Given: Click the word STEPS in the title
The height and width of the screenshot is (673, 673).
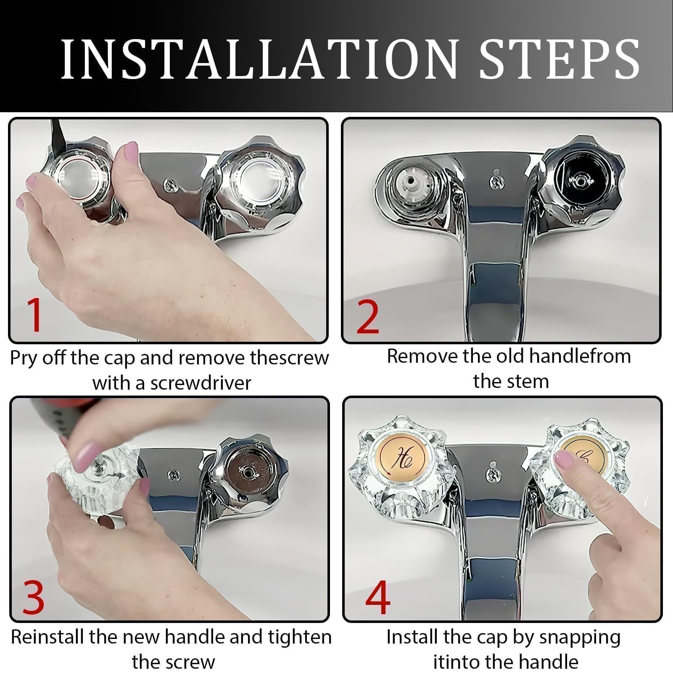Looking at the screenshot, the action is (x=560, y=60).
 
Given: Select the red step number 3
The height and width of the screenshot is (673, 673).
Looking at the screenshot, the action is (x=33, y=597).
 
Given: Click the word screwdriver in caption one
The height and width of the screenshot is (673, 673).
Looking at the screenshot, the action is (x=201, y=383).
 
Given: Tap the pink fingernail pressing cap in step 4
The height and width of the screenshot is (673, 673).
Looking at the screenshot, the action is (x=563, y=459).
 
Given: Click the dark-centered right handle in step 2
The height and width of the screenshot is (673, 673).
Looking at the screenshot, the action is (x=581, y=180).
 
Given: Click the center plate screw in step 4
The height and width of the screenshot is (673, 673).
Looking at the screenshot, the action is (x=493, y=474).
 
